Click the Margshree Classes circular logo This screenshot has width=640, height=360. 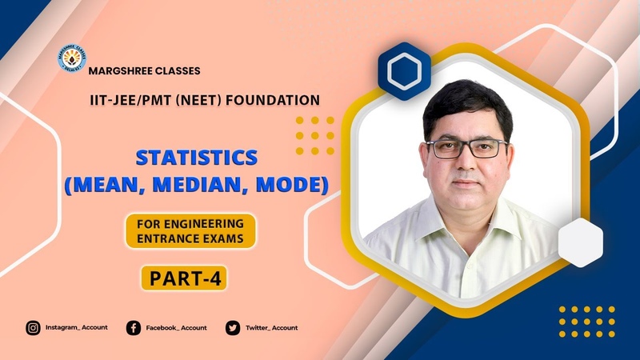click(x=72, y=58)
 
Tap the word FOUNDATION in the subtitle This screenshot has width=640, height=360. click(x=273, y=101)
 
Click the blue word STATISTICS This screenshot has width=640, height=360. click(x=197, y=158)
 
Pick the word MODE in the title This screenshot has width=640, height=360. click(x=290, y=185)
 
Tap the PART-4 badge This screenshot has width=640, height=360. click(x=184, y=278)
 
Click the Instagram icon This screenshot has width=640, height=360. click(x=33, y=328)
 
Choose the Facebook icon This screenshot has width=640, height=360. click(x=134, y=328)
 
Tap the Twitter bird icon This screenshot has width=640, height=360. click(x=233, y=328)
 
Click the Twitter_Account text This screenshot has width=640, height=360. click(x=271, y=328)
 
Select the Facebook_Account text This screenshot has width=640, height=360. click(x=176, y=328)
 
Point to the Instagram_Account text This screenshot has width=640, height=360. click(x=76, y=327)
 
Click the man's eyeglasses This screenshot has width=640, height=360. click(x=467, y=149)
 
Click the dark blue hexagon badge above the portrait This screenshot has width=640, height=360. click(x=405, y=71)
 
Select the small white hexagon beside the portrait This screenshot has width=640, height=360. click(x=581, y=243)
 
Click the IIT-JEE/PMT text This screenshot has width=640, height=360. click(x=130, y=101)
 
